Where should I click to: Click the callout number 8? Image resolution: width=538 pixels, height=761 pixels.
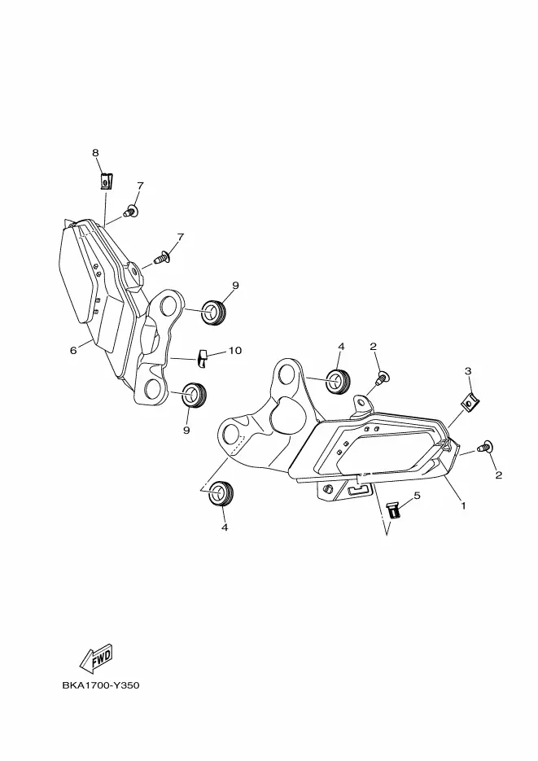click(x=95, y=153)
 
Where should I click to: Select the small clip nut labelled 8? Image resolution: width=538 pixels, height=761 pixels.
click(x=105, y=181)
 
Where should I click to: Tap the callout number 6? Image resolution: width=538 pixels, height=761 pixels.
click(x=73, y=351)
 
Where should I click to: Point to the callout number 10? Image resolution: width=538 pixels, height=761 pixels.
click(x=234, y=351)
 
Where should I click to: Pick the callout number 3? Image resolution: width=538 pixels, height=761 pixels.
click(x=468, y=371)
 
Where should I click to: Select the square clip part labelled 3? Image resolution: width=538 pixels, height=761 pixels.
click(x=468, y=400)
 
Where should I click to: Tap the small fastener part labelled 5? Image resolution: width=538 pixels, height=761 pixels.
click(x=394, y=510)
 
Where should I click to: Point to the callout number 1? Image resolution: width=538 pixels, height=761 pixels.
click(x=462, y=505)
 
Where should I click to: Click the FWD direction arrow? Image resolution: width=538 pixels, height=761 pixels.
click(x=95, y=656)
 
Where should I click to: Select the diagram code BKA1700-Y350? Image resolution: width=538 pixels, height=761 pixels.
click(x=101, y=685)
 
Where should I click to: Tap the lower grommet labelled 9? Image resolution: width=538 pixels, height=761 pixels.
click(x=193, y=395)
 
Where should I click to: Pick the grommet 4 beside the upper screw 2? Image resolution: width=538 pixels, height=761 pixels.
click(x=338, y=380)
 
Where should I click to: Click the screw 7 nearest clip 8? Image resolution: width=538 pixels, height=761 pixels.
click(x=129, y=212)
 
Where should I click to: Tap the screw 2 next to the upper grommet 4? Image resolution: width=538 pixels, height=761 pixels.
click(x=382, y=377)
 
